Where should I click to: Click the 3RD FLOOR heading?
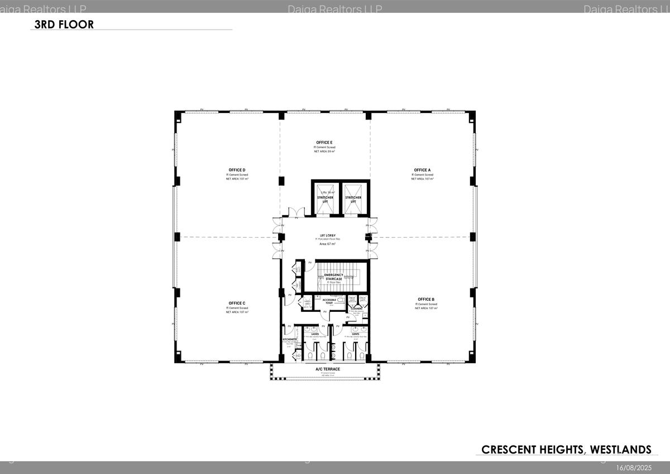coord(64,25)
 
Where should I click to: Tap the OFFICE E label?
coord(324,143)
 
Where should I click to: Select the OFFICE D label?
coord(237,170)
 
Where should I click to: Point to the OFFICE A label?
coord(422,170)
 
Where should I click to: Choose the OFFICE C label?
coord(237,303)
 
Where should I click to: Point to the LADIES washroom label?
coord(315,334)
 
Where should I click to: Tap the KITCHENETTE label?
coord(289,339)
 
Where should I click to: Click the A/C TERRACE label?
coord(327,369)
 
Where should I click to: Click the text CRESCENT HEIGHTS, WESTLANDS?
coord(566,449)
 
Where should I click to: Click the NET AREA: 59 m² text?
coord(324,151)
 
